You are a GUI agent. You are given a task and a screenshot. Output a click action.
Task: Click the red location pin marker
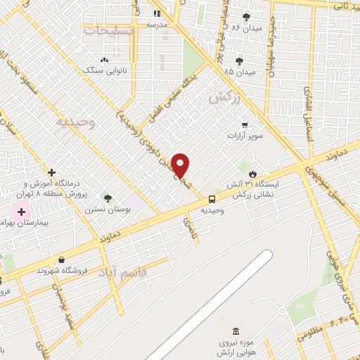coord(181,165)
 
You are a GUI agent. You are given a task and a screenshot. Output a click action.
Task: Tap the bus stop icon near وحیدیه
coord(212,198)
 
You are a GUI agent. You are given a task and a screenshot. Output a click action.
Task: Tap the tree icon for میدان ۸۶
coord(245,17)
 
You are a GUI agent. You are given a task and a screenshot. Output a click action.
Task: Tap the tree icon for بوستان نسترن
coord(107,198)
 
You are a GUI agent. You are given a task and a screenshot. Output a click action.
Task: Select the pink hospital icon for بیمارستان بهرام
coord(21,211)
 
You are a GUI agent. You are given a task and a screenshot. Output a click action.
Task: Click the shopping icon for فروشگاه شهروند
coord(63,259)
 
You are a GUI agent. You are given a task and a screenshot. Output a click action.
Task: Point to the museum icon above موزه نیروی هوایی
coord(236,331)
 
